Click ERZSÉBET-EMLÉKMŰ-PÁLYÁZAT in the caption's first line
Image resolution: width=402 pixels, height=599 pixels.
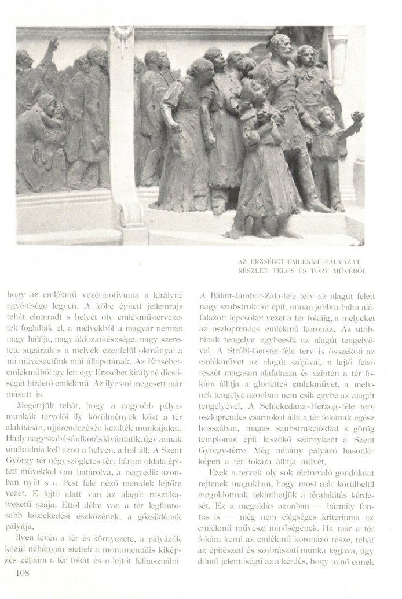(311, 261)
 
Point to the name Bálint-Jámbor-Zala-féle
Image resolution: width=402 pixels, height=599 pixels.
(255, 292)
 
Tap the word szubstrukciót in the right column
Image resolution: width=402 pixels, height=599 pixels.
(246, 303)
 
